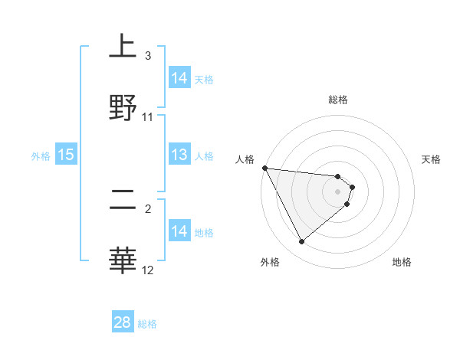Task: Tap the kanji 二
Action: click(123, 200)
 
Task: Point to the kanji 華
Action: click(123, 260)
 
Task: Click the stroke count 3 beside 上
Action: click(148, 56)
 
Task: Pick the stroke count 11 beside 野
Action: click(148, 116)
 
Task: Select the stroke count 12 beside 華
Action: click(148, 270)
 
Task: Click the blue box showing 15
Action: click(66, 155)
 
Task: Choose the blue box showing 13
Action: click(179, 155)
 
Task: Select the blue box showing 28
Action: click(123, 322)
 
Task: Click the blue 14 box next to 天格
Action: click(179, 78)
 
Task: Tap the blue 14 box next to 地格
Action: click(179, 231)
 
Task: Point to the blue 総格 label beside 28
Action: click(147, 324)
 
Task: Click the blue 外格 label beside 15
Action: click(41, 156)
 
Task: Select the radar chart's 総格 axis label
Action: click(338, 100)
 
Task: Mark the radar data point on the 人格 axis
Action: click(264, 168)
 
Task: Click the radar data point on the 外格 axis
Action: click(301, 242)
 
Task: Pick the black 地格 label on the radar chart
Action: click(402, 262)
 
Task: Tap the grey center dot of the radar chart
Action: click(338, 191)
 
